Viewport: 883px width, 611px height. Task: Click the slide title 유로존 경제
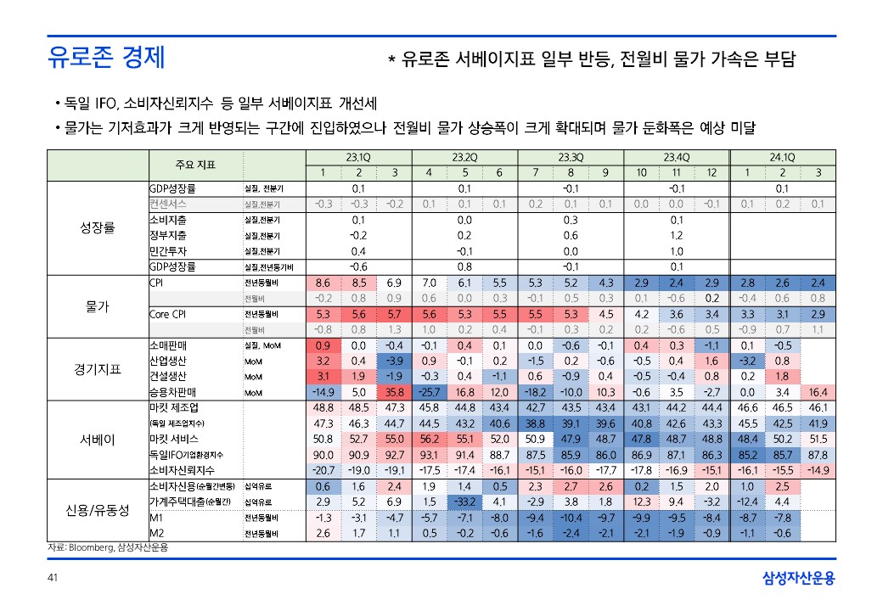pyautogui.click(x=106, y=59)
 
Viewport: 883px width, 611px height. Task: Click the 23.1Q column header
pyautogui.click(x=358, y=158)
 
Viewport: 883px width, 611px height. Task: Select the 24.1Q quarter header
pyautogui.click(x=782, y=158)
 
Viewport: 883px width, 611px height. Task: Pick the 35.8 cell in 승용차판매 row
pyautogui.click(x=394, y=392)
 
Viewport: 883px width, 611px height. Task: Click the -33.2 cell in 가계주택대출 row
pyautogui.click(x=464, y=502)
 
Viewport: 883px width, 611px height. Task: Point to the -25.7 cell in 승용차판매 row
pyautogui.click(x=429, y=392)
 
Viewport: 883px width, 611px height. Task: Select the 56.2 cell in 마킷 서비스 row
pyautogui.click(x=429, y=439)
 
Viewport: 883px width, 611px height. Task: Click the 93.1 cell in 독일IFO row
pyautogui.click(x=429, y=454)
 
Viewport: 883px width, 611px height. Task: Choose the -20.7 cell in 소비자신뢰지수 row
pyautogui.click(x=323, y=469)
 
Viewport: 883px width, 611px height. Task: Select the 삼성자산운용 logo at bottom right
pyautogui.click(x=799, y=580)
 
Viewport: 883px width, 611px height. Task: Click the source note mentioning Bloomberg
pyautogui.click(x=102, y=548)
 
